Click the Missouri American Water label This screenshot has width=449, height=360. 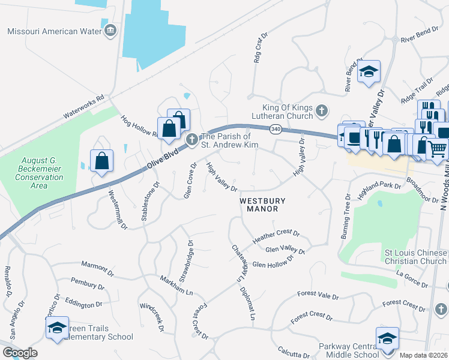click(53, 31)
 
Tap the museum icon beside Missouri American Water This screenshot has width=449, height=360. click(110, 31)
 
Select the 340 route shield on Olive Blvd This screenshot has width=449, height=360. click(276, 129)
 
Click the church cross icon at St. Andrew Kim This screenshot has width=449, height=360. click(192, 140)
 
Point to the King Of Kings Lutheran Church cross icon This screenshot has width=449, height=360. click(322, 110)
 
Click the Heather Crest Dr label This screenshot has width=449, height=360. click(276, 236)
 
